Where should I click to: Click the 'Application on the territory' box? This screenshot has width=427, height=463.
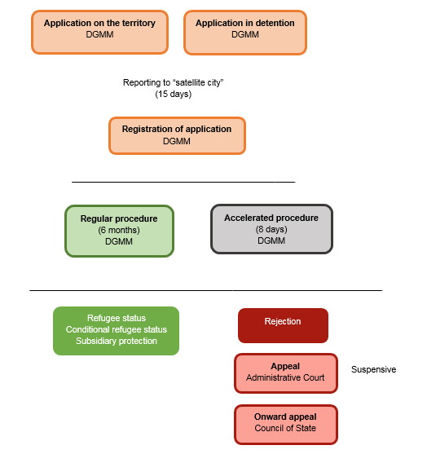99,32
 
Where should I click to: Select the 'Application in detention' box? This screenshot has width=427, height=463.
245,33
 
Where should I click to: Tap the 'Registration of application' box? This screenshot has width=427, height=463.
177,135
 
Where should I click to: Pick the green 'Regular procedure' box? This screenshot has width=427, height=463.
119,231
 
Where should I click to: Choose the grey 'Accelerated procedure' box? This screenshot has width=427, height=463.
271,229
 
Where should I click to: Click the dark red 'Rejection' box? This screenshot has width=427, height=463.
283,325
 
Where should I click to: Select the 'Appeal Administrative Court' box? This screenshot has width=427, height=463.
286,373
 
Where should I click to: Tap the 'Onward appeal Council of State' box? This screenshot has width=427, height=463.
286,425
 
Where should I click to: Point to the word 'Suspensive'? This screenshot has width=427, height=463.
373,369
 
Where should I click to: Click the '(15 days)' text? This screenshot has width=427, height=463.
174,94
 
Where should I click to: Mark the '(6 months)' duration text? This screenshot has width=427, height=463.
119,230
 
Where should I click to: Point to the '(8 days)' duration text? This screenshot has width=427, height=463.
271,229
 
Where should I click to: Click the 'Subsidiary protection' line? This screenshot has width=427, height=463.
117,341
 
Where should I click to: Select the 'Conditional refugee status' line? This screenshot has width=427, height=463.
117,329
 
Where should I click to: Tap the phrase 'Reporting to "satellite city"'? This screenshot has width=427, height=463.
174,82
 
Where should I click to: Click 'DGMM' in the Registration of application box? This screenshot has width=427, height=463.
177,141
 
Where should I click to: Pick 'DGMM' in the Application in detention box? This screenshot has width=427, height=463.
245,34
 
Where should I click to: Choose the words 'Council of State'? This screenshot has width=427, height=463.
285,428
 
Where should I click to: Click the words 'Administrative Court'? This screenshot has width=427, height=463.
285,377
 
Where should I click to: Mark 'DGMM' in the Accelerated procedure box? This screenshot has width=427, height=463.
271,240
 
